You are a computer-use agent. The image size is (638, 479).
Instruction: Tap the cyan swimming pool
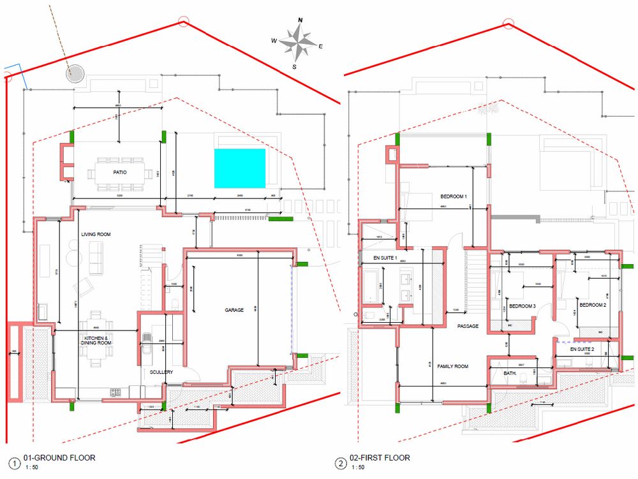(x=239, y=168)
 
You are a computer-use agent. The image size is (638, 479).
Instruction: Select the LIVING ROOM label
(x=96, y=235)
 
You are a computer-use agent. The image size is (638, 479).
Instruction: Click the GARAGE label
(x=234, y=310)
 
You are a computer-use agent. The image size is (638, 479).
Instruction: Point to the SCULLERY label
(x=161, y=372)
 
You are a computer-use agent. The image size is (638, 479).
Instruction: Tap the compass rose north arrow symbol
(x=297, y=42)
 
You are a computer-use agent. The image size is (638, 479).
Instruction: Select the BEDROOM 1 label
(x=454, y=196)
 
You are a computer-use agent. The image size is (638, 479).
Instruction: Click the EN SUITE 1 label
(x=385, y=258)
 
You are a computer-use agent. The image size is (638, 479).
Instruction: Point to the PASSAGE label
(x=468, y=326)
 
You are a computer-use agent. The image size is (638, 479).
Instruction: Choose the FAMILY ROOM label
(x=453, y=366)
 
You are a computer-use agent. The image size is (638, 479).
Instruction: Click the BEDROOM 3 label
(x=522, y=306)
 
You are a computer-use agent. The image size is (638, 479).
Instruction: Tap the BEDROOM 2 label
(x=593, y=305)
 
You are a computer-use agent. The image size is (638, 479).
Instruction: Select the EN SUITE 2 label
(x=582, y=350)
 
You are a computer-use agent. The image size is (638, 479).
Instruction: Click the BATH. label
(x=509, y=372)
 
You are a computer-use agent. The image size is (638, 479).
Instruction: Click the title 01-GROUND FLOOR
(x=59, y=458)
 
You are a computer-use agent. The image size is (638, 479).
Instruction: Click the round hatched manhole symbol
(x=76, y=73)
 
